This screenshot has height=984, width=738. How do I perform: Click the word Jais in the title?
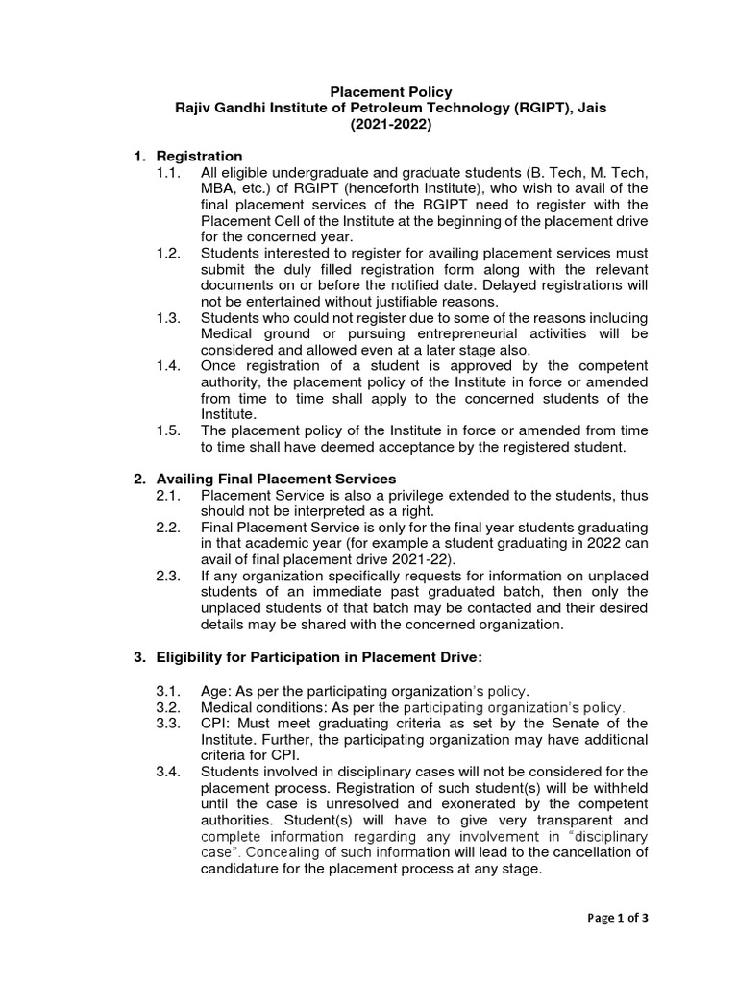589,109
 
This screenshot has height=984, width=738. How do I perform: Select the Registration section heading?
199,156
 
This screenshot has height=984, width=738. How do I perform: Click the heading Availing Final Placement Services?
276,479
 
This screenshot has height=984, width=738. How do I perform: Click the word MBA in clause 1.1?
218,188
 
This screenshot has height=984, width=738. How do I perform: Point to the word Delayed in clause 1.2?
504,284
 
